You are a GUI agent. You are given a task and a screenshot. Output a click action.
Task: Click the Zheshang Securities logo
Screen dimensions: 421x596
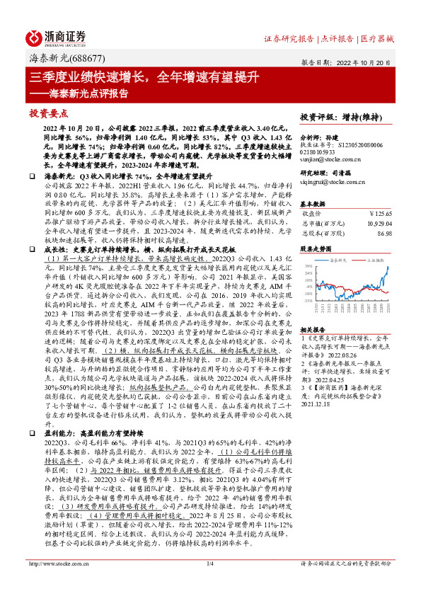coord(57,37)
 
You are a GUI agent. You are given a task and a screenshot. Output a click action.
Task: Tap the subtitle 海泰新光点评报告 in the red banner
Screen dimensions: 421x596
coord(89,93)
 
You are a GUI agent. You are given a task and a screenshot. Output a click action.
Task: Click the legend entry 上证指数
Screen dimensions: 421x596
coord(369,260)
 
